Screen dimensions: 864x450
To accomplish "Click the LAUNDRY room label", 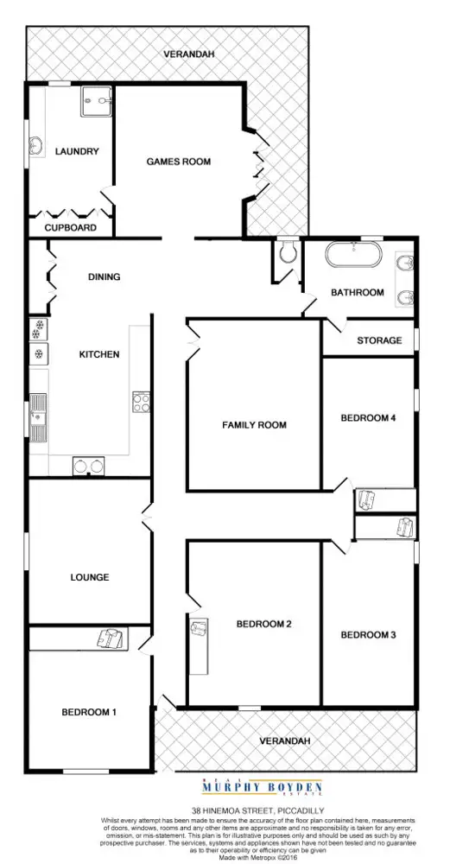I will [77, 151].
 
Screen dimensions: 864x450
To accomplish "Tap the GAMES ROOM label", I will [178, 162].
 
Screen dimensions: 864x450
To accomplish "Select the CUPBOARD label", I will [71, 228].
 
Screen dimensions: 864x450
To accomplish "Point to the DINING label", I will [104, 277].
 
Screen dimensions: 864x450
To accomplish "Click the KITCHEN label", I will [98, 354].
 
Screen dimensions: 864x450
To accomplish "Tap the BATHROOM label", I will [357, 292].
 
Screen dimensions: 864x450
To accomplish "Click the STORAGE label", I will [379, 340].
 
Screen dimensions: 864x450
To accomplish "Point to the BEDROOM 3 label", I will [368, 635].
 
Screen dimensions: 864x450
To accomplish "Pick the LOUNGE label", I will [90, 577].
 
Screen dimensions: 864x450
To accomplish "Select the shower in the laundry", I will [98, 100].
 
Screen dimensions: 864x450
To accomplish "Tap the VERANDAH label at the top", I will [189, 54].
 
